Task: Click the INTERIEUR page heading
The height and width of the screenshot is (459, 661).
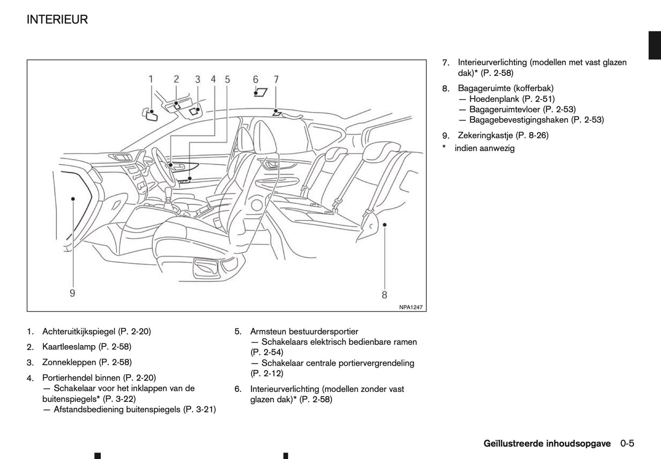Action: (57, 20)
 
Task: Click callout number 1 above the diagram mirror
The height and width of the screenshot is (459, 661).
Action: (151, 79)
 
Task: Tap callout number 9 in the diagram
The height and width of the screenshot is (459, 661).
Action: (72, 293)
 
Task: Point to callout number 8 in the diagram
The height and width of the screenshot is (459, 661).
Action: (384, 295)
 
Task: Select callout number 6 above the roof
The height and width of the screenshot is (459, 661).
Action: (256, 80)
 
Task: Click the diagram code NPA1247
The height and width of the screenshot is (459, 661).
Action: (410, 307)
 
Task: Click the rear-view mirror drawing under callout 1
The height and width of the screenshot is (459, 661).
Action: (150, 115)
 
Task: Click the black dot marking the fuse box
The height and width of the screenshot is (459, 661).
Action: (73, 199)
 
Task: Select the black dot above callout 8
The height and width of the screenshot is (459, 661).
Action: (385, 224)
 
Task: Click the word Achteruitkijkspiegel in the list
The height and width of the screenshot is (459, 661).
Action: (79, 331)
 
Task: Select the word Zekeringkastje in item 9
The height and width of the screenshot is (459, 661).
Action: (485, 135)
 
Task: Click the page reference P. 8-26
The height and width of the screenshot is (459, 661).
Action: (532, 135)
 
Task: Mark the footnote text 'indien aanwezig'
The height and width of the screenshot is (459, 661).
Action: (484, 149)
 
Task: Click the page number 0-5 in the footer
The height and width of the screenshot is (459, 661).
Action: (627, 443)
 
